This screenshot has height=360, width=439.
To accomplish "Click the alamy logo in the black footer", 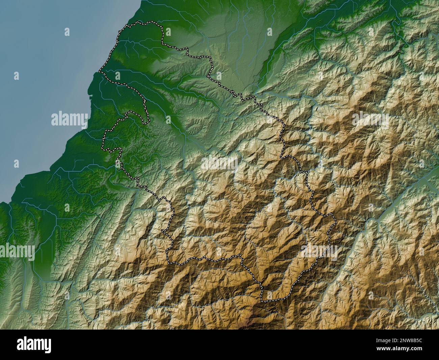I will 34,345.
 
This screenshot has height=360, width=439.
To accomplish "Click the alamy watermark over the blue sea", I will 69,119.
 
